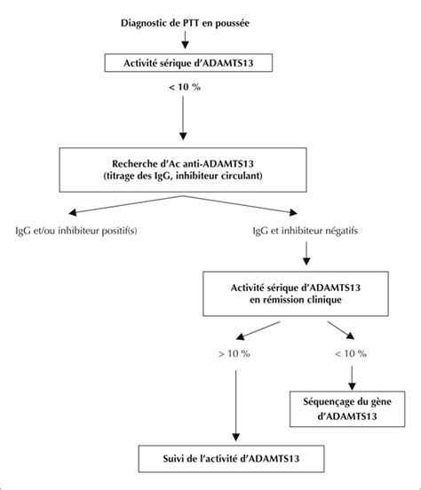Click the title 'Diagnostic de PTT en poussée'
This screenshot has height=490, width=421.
[185, 23]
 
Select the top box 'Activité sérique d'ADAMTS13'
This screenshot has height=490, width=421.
[188, 63]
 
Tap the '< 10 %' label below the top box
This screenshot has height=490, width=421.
[185, 87]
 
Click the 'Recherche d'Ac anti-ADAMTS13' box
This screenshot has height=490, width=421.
[183, 170]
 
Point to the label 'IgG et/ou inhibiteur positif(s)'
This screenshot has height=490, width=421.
[76, 231]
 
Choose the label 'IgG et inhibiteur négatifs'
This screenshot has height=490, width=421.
[306, 231]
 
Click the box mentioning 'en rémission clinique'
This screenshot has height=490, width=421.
[296, 294]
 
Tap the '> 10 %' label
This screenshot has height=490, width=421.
[234, 354]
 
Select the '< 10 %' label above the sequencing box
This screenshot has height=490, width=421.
[351, 354]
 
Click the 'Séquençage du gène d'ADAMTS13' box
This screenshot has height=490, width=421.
[347, 408]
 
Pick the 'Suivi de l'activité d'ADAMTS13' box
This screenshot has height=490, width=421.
[231, 458]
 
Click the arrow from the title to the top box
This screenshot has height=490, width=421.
[185, 40]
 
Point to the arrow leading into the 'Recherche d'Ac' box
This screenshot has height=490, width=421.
[183, 118]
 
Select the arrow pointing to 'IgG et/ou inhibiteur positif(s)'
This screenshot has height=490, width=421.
[126, 205]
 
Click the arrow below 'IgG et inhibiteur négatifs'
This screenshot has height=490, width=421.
[306, 253]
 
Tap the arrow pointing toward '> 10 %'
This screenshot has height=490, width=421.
[258, 330]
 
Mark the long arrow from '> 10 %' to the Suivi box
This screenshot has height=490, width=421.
[236, 406]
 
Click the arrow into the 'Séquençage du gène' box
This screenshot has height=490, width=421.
[352, 378]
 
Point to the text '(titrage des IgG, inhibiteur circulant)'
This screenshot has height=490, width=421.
[183, 176]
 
